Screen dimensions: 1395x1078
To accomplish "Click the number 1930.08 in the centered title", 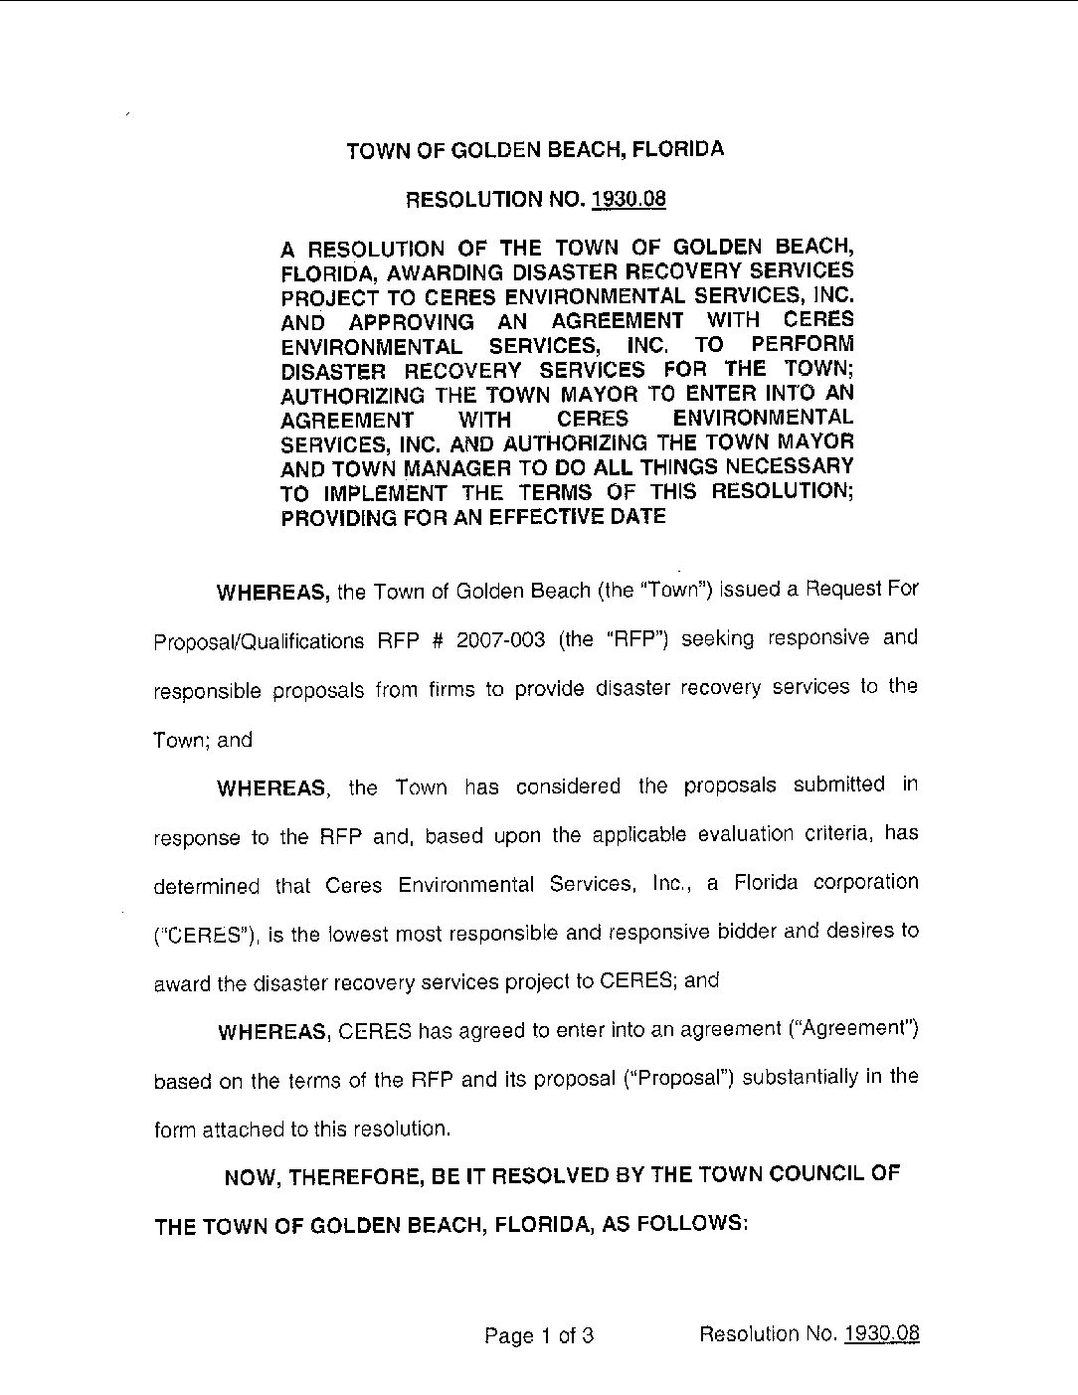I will pyautogui.click(x=628, y=199).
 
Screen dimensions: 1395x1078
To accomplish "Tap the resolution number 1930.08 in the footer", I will pyautogui.click(x=881, y=1334).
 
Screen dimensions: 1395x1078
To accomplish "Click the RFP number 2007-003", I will pyautogui.click(x=501, y=639).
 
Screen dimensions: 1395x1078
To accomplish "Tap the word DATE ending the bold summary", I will pyautogui.click(x=637, y=517).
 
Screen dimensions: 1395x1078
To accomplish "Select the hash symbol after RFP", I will pyautogui.click(x=435, y=639).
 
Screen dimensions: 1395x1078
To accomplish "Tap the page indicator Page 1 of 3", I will pyautogui.click(x=539, y=1335).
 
